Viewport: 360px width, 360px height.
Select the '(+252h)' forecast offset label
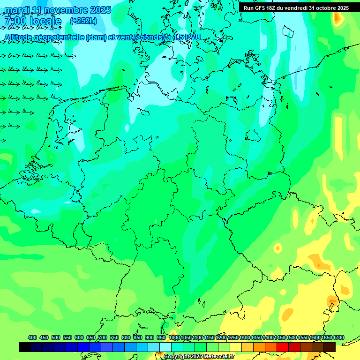(83, 21)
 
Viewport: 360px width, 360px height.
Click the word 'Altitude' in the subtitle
(21, 37)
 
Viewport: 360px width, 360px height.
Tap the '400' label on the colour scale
(32, 337)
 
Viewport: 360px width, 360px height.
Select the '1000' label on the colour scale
(174, 337)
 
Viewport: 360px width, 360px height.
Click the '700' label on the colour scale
(103, 337)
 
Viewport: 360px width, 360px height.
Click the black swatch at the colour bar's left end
(25, 347)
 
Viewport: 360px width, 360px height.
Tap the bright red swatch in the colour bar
(283, 347)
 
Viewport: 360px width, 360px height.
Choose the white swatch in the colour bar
(165, 347)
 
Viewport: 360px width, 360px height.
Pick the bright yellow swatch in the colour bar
(236, 347)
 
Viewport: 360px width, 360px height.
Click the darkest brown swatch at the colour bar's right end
(330, 347)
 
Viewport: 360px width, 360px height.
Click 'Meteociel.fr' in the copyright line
(217, 357)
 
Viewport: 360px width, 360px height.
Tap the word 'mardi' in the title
(17, 10)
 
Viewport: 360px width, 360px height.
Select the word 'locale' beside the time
(45, 21)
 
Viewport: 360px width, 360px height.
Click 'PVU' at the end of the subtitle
(192, 37)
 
